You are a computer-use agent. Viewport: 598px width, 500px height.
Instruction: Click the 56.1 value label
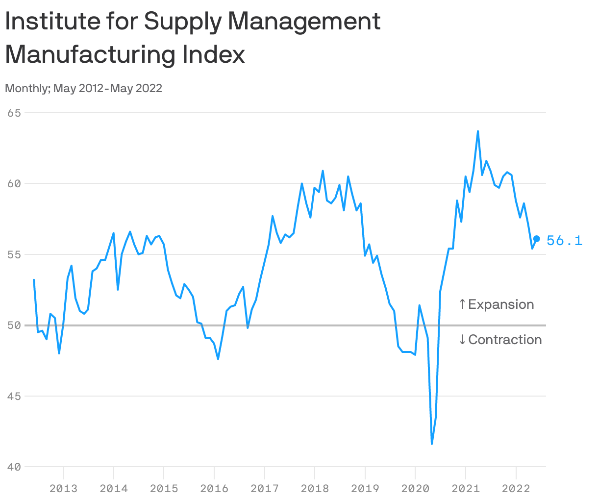564,240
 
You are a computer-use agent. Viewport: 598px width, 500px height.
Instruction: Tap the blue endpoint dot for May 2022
536,239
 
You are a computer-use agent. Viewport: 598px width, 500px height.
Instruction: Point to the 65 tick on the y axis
14,113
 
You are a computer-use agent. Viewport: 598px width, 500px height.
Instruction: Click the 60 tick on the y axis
14,183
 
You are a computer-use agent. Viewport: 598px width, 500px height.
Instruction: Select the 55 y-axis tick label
14,254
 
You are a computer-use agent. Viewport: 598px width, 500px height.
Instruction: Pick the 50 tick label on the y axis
14,325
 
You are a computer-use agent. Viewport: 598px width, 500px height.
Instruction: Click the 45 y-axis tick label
14,396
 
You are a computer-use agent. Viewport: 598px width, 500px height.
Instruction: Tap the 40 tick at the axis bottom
14,467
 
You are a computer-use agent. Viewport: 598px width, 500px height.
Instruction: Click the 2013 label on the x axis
63,488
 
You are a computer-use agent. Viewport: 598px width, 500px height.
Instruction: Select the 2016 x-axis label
214,488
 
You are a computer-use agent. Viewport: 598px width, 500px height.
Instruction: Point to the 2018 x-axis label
315,488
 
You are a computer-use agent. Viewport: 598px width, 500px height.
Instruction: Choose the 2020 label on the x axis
415,488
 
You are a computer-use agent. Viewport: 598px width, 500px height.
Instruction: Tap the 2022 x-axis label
516,488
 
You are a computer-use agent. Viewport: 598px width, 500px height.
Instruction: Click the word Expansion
501,304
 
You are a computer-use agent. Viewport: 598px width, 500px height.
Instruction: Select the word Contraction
505,340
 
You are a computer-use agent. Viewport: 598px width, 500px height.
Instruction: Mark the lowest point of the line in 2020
432,444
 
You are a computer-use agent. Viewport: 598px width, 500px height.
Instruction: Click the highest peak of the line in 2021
478,131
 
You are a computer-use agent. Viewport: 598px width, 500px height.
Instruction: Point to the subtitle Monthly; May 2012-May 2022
83,88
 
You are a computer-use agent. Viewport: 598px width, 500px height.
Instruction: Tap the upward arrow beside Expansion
462,304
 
